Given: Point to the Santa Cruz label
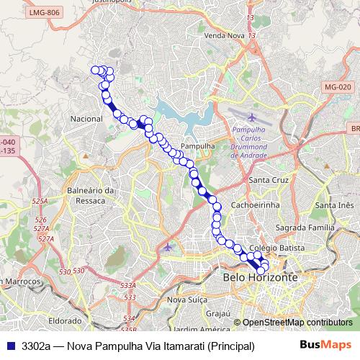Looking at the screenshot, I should tap(268, 179).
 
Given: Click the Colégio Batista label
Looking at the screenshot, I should tap(267, 248).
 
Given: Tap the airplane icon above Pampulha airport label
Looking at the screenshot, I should tap(250, 117).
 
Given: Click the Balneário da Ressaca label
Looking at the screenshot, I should tap(91, 195).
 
